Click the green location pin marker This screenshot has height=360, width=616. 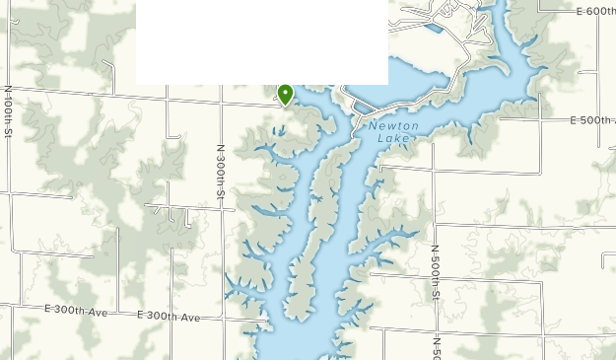286,94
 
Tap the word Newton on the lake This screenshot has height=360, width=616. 394,126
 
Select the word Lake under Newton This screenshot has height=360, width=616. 393,139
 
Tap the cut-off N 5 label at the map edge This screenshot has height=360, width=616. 436,346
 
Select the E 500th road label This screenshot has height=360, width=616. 592,120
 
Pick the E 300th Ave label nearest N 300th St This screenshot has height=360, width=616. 168,317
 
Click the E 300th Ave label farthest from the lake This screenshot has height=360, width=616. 76,311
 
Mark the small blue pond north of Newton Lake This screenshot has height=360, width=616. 433,28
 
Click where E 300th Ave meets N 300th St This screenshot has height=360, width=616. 225,320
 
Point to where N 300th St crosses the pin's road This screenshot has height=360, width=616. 218,100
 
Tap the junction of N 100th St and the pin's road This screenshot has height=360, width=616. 9,87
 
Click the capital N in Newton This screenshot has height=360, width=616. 375,126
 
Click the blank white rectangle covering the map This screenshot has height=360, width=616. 261,41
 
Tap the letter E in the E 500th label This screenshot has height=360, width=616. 574,120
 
